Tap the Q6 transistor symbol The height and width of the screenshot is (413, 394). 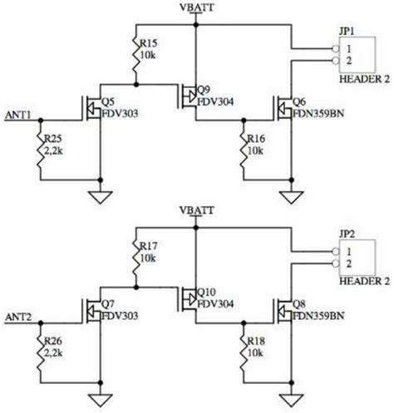[x=282, y=109]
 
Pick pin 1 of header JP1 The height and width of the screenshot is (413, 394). [x=335, y=49]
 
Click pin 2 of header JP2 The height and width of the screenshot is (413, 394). [x=335, y=262]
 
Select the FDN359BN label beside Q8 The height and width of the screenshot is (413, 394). [x=317, y=316]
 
